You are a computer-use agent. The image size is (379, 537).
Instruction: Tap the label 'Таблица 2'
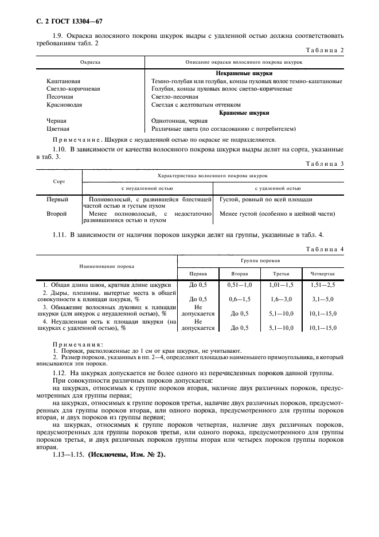(325, 50)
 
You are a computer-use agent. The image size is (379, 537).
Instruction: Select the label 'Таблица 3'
(325, 164)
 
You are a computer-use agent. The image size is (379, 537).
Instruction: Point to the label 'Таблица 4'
(325, 249)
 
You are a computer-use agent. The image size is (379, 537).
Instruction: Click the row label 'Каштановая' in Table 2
(63, 81)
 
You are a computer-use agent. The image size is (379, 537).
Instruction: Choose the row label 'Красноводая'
(64, 105)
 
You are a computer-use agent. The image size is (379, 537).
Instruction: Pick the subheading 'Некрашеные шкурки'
(244, 73)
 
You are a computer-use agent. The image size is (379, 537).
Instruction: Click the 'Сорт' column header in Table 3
(59, 181)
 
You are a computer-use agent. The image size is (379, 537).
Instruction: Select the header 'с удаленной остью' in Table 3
(278, 188)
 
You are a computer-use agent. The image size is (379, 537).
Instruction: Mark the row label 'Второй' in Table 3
(56, 214)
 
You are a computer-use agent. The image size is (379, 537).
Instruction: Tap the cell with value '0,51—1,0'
(239, 285)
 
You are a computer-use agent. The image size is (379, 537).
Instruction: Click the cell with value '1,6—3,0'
(281, 299)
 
